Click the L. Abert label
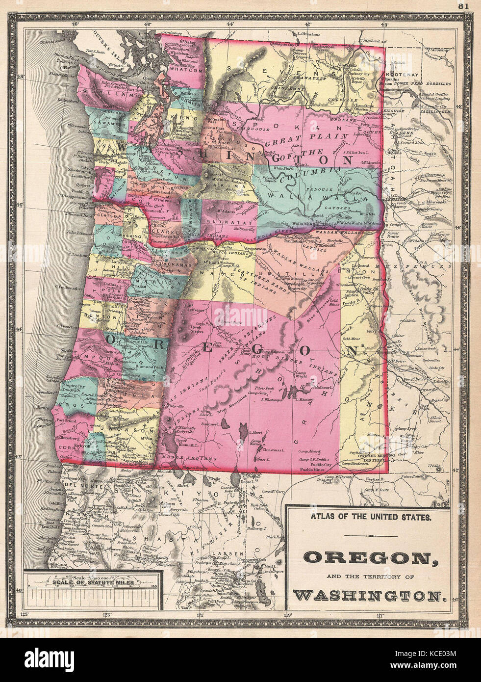[x=256, y=432]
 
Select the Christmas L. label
[x=274, y=449]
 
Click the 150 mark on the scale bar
[x=155, y=585]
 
